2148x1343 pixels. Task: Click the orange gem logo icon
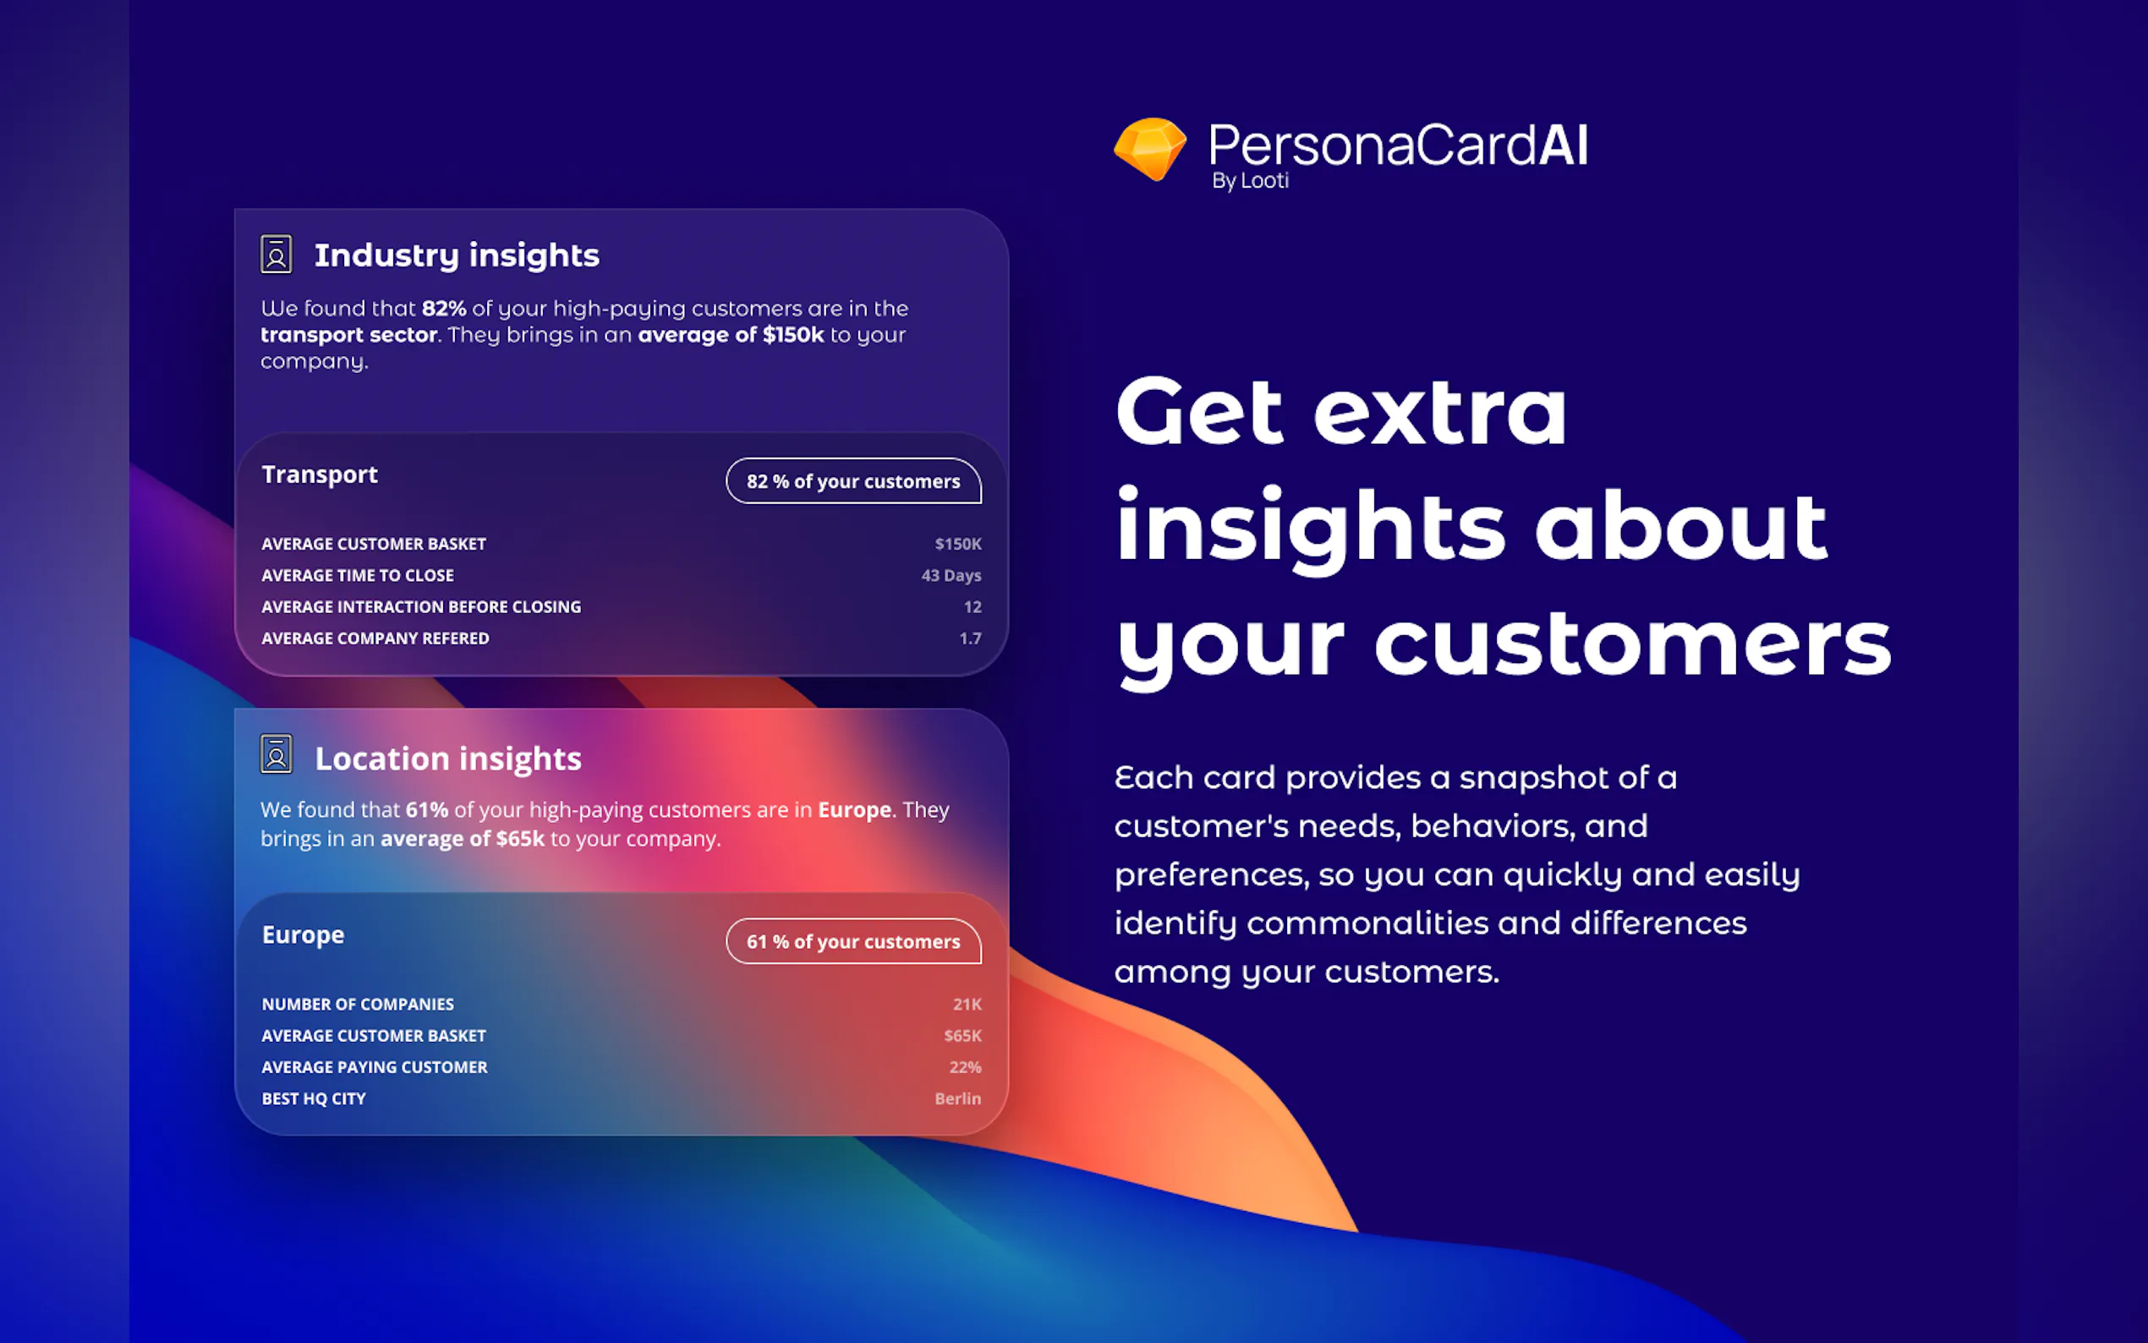[x=1150, y=148]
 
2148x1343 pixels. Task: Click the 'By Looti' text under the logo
[x=1250, y=180]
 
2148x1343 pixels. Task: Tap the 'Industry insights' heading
[x=457, y=255]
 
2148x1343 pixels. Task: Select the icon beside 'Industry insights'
[x=277, y=254]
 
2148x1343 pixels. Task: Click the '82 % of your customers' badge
[x=853, y=480]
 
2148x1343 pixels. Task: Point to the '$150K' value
[x=958, y=544]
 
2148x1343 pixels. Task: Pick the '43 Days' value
[x=951, y=576]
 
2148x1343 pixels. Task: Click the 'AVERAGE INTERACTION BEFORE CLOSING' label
[x=421, y=606]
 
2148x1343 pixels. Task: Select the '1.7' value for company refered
[x=971, y=639]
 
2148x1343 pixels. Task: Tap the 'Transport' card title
[x=320, y=475]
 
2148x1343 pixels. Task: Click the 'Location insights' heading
[x=448, y=759]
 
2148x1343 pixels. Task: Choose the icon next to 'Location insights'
[x=277, y=754]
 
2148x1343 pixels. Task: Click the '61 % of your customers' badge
[x=853, y=940]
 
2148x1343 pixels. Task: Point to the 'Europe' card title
[x=303, y=935]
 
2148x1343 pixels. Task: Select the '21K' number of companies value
[x=967, y=1004]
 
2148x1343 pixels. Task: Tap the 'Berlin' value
[x=958, y=1099]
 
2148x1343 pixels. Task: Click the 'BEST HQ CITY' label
[x=314, y=1099]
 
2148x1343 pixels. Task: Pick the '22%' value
[x=965, y=1066]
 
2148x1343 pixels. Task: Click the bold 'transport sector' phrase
[x=349, y=335]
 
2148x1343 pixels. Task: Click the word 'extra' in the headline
[x=1440, y=412]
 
